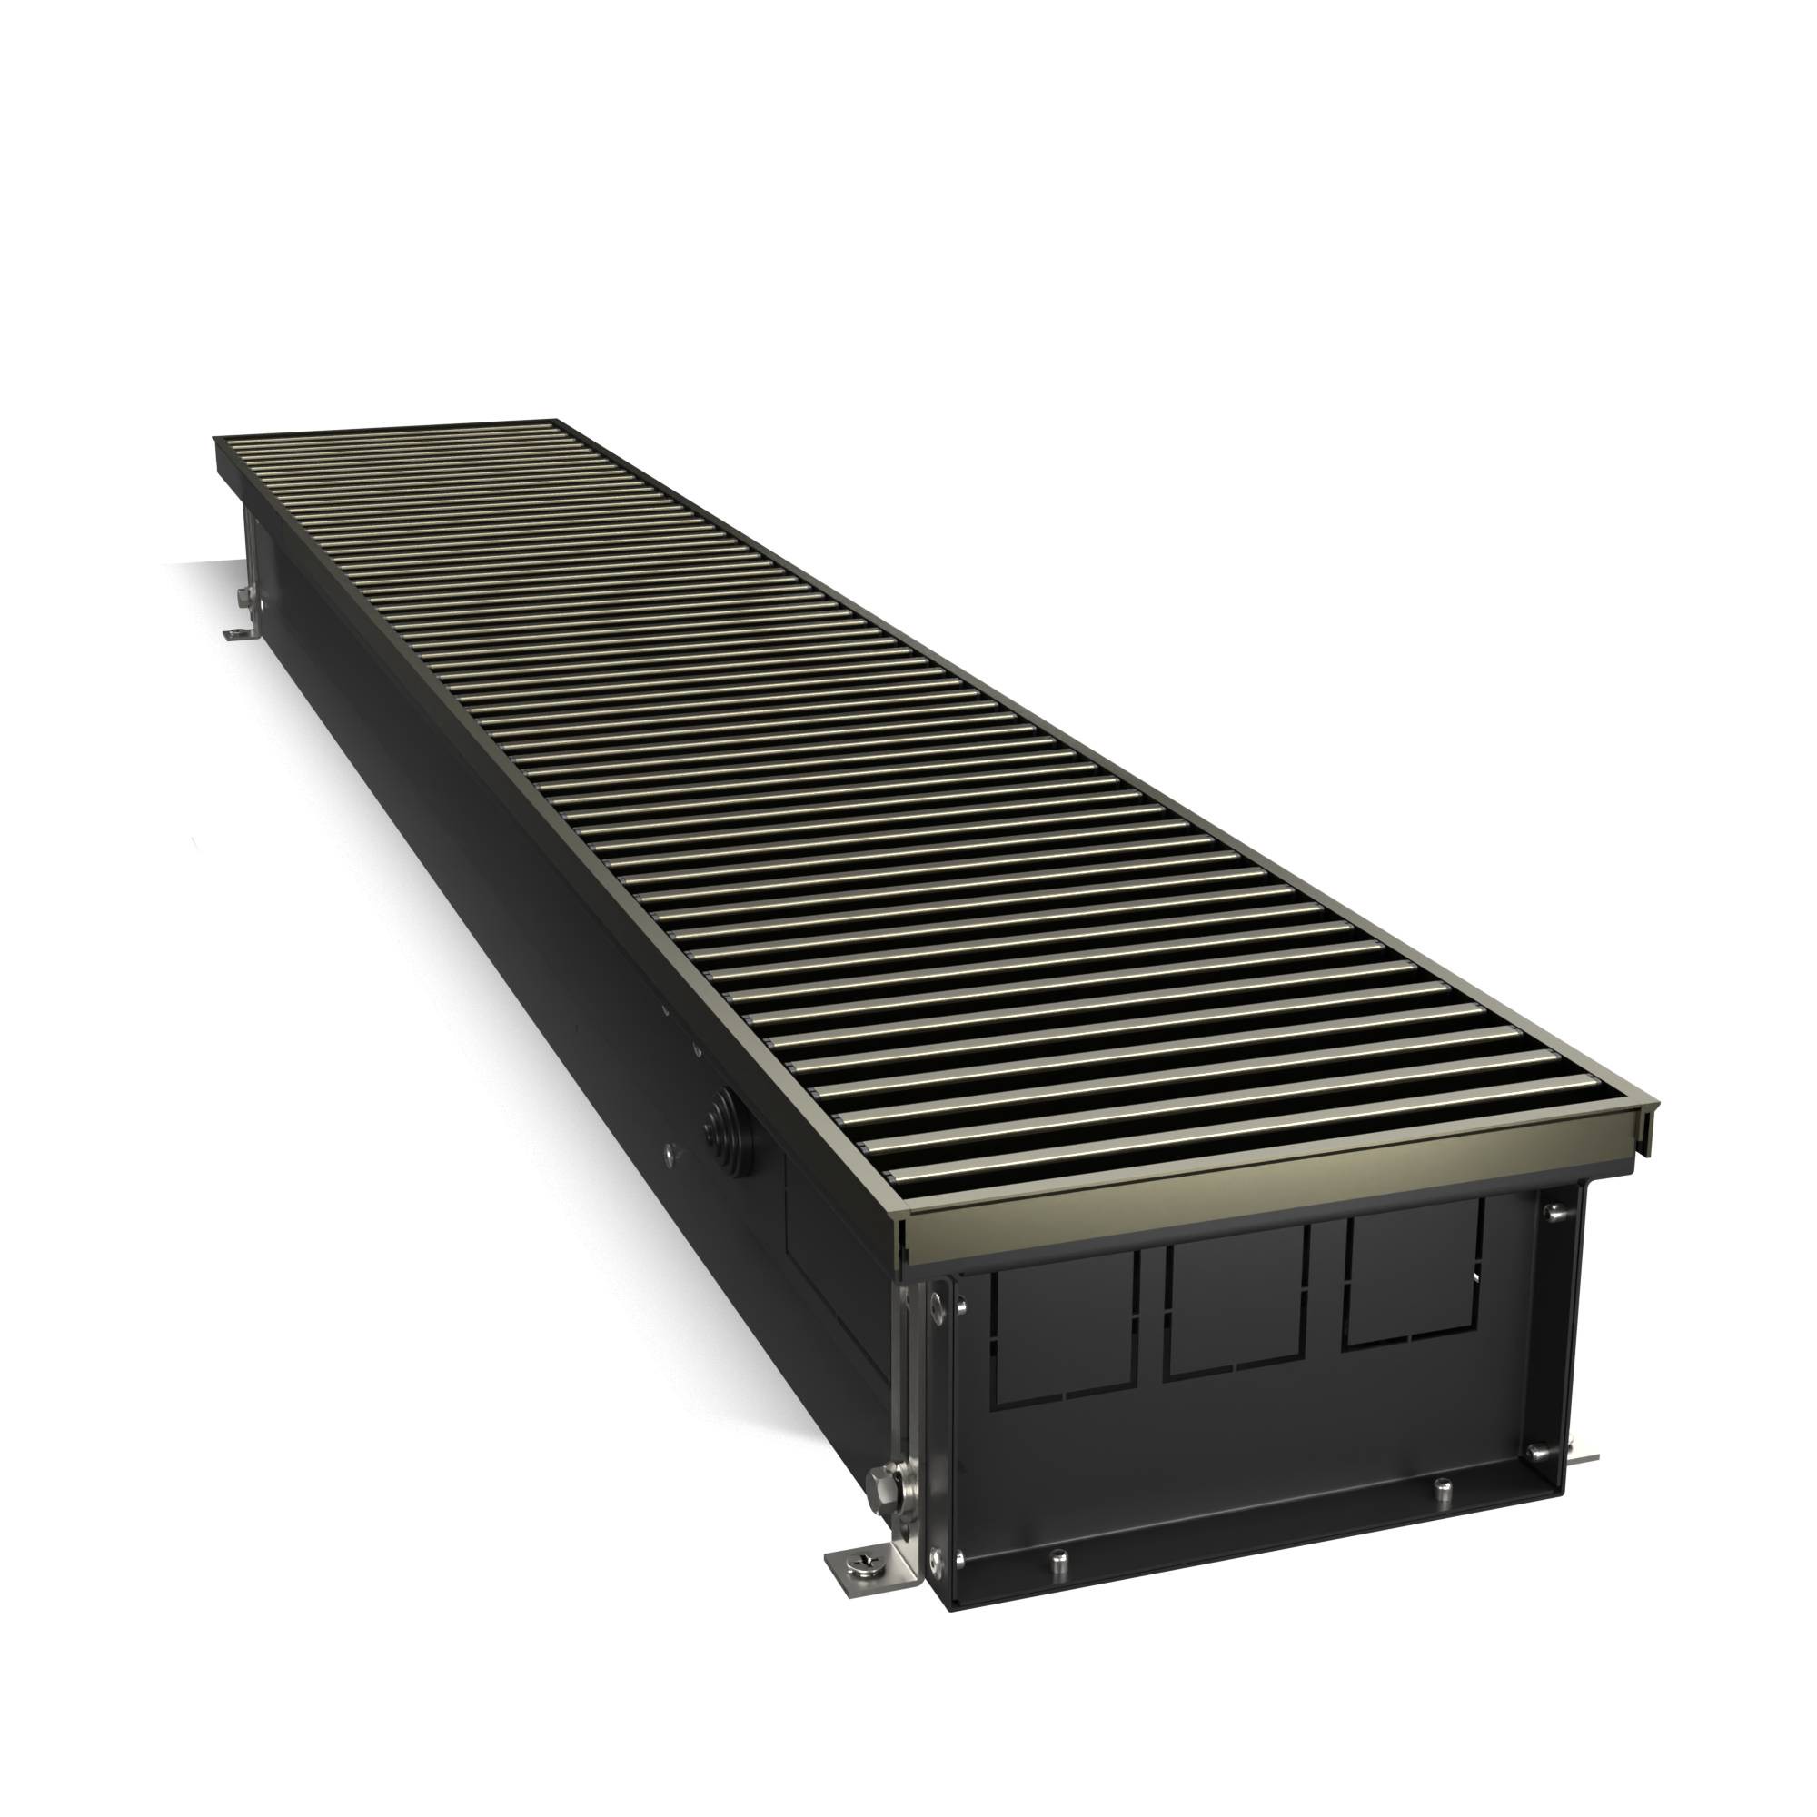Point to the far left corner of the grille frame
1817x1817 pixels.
[216, 438]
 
